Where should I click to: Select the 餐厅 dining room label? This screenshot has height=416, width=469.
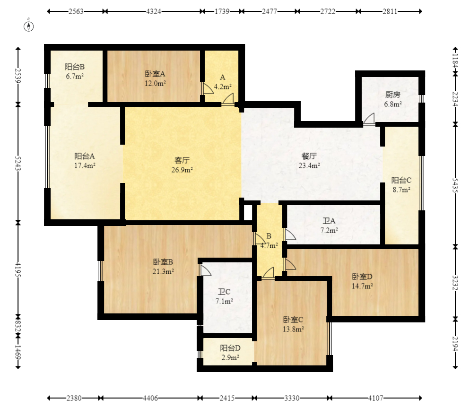pos(309,156)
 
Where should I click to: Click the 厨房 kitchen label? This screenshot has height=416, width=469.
pos(393,95)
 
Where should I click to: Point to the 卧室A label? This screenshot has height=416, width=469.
pos(155,74)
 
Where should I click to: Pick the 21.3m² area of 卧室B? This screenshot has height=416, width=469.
pos(163,271)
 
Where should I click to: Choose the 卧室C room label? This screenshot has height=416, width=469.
pos(293,320)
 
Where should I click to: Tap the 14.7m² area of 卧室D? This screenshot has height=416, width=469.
pos(362,286)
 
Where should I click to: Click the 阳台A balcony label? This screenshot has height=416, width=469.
pos(85,156)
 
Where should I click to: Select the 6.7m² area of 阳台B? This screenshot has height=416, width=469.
pos(75,76)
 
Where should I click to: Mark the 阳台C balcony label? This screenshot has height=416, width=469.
pos(401,180)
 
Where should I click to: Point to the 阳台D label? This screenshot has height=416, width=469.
pos(230,348)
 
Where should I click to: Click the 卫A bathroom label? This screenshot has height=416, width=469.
pos(329,221)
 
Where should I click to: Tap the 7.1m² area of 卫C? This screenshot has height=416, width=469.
pos(224,301)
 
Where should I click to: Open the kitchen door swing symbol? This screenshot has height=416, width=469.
pos(369,119)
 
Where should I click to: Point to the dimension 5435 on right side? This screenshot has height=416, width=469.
pos(455,184)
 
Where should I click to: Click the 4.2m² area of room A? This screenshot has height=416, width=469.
pos(223,87)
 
